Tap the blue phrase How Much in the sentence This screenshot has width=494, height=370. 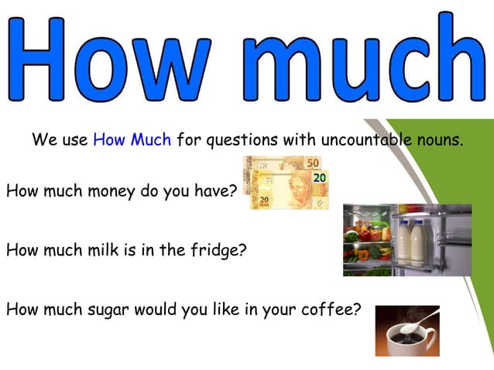click(132, 141)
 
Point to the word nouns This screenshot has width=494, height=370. click(438, 141)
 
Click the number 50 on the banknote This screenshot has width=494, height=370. click(312, 164)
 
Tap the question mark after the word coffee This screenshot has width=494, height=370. click(357, 310)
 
